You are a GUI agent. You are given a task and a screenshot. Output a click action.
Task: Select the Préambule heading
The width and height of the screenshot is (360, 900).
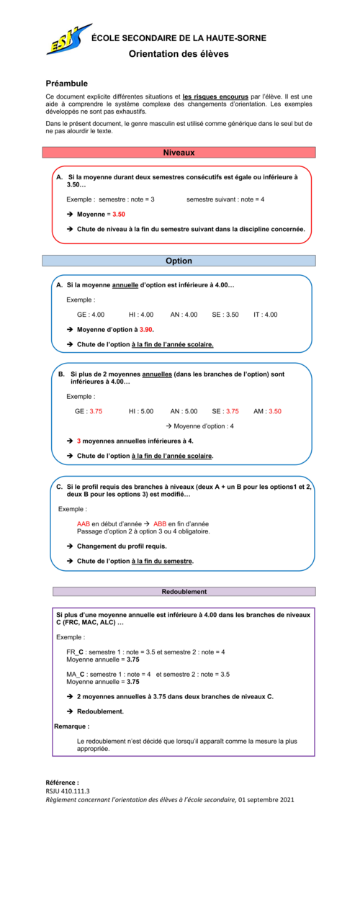point(66,84)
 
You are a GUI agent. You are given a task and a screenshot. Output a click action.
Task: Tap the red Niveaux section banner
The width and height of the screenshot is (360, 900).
point(179,153)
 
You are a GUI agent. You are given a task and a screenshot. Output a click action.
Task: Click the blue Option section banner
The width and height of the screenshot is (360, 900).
point(179,261)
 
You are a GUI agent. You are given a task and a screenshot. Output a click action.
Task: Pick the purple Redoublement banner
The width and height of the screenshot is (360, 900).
point(184,591)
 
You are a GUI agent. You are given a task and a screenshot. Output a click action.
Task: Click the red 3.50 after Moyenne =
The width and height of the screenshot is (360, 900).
point(119,215)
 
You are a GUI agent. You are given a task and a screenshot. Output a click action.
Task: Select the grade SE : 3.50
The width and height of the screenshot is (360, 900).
point(225,315)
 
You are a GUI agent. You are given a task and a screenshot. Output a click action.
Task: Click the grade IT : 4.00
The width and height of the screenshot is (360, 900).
point(265,315)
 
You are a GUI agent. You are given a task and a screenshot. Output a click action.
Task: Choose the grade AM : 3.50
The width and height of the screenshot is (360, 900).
point(267,411)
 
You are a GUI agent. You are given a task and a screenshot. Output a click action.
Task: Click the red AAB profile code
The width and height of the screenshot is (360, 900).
point(84,523)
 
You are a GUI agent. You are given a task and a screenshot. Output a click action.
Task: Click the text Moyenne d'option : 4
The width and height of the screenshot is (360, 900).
point(204,426)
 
